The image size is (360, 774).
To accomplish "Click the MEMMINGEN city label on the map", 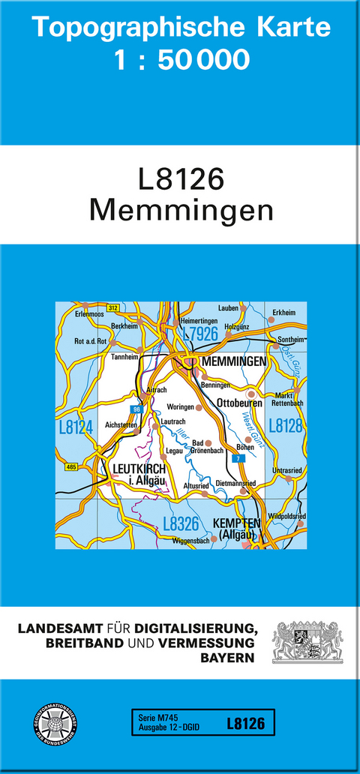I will [234, 362].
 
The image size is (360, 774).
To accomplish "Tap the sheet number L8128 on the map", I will [285, 426].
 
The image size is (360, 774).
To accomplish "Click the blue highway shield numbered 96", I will [136, 409].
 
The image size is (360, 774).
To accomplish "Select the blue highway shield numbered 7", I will [239, 457].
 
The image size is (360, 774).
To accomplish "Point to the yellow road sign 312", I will [112, 307].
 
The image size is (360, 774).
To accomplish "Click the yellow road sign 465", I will [71, 467].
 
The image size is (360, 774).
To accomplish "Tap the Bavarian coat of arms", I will [307, 642].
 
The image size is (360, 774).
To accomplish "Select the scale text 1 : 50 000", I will [181, 59].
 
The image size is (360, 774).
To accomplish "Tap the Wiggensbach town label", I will [190, 540].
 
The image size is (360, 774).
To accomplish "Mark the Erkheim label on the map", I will [285, 312].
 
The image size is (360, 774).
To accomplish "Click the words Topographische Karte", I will [181, 27].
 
